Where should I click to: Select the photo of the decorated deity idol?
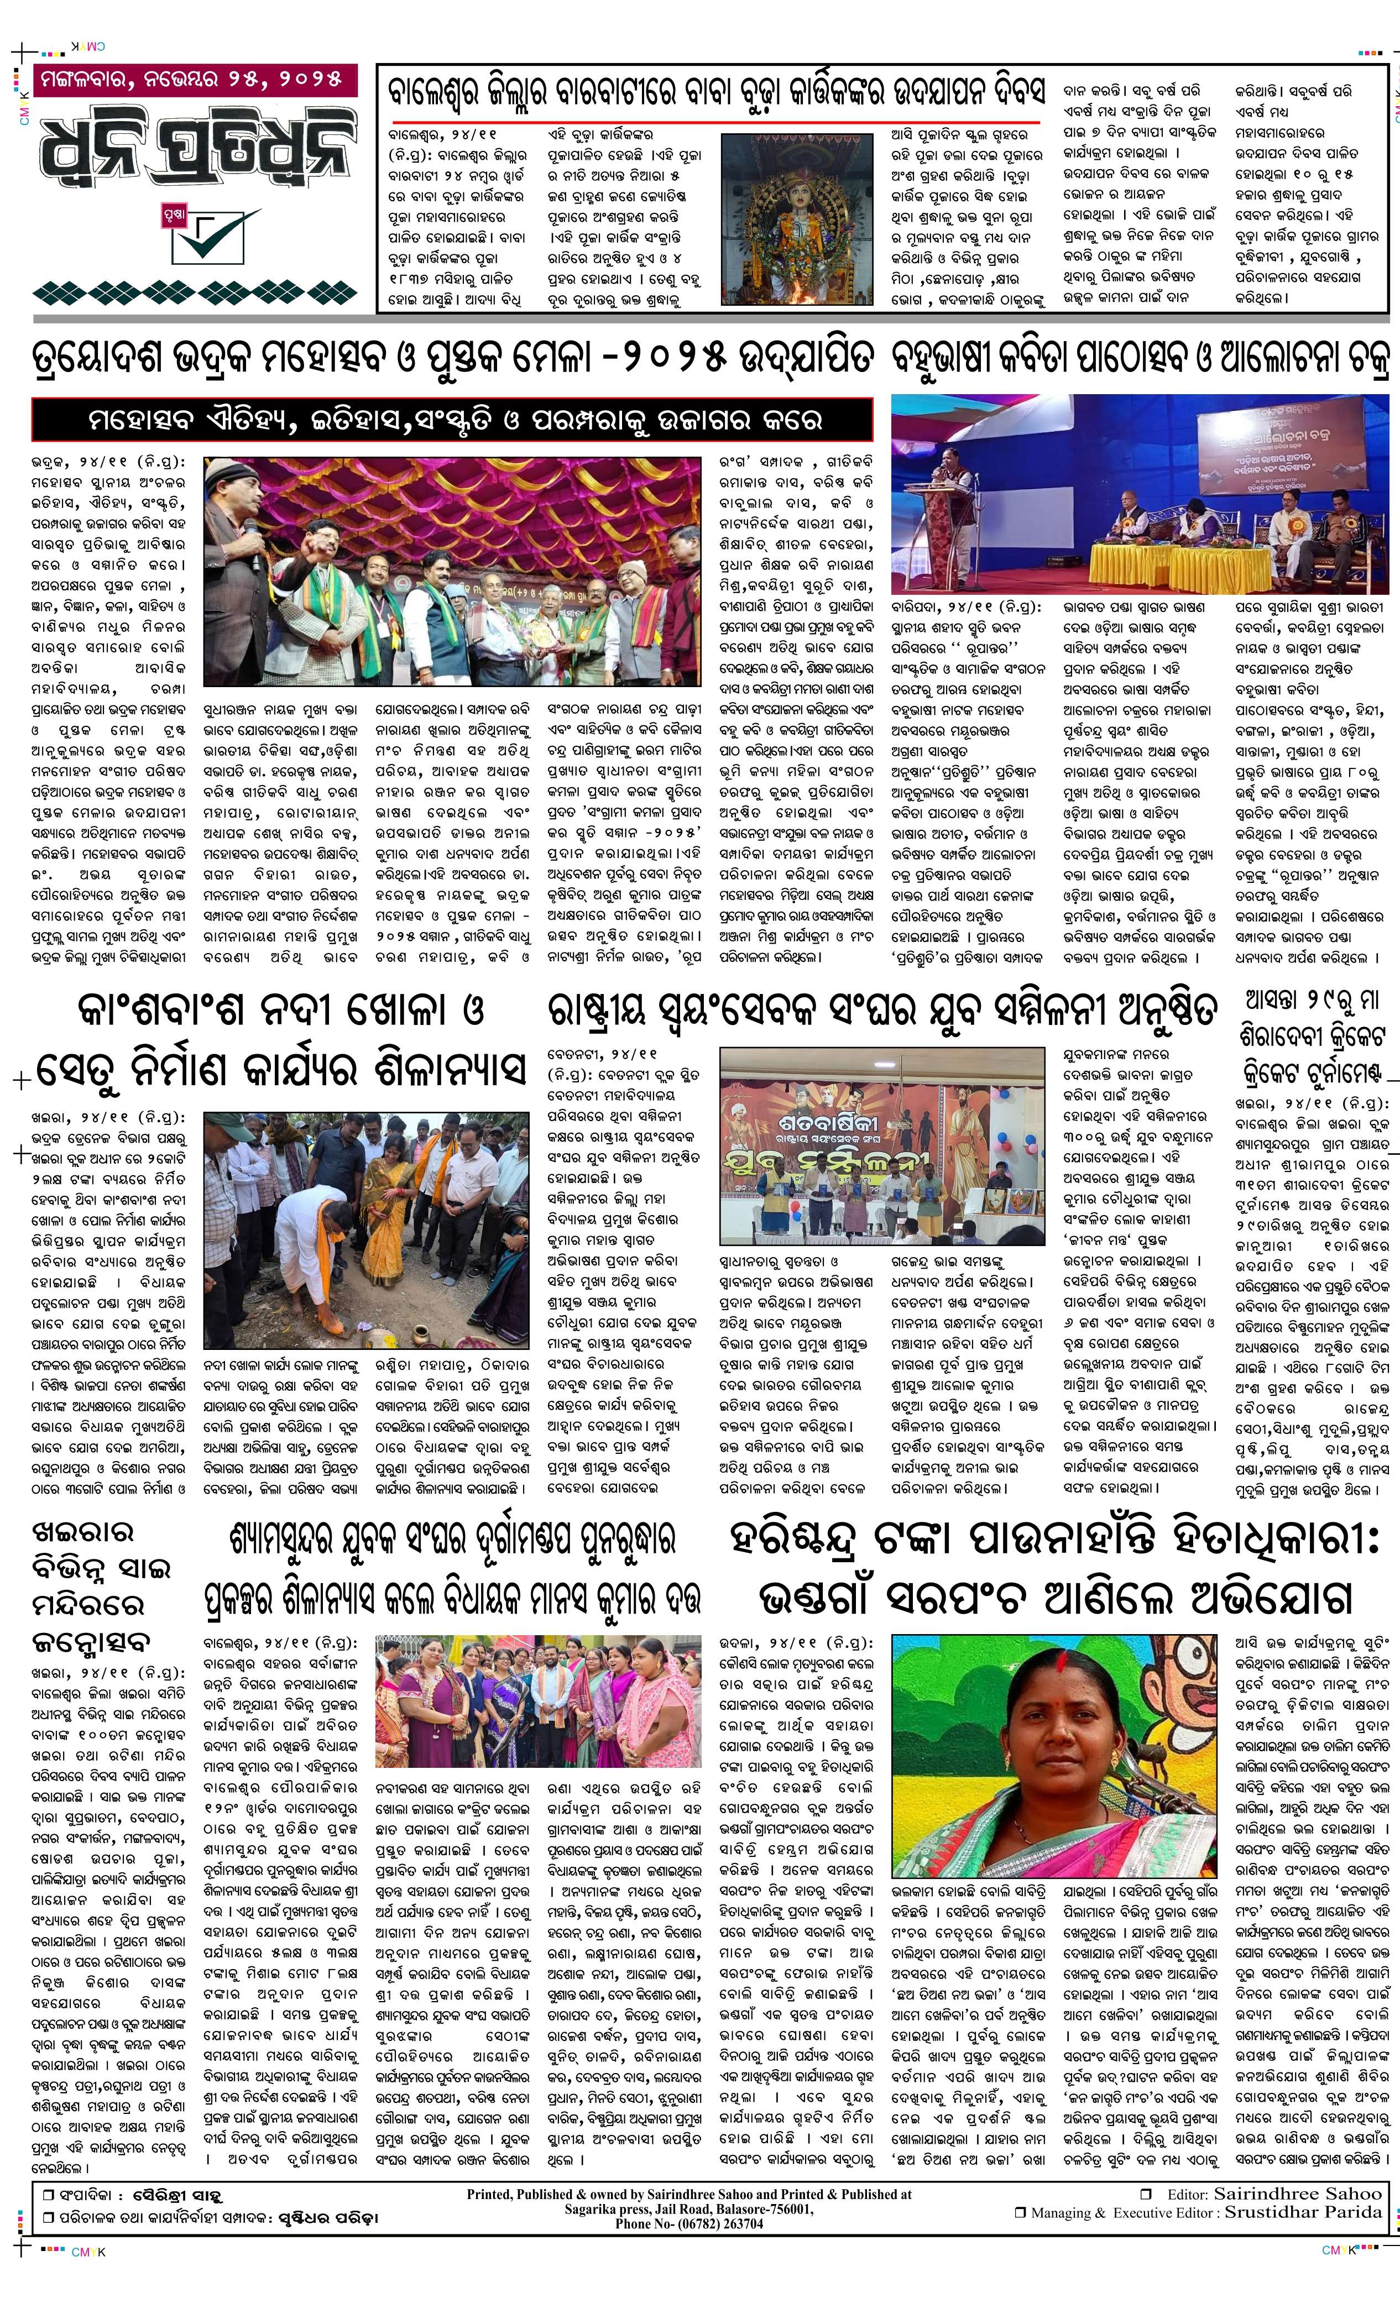coord(797,218)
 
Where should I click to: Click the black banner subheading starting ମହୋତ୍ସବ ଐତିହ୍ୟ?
coord(452,419)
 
